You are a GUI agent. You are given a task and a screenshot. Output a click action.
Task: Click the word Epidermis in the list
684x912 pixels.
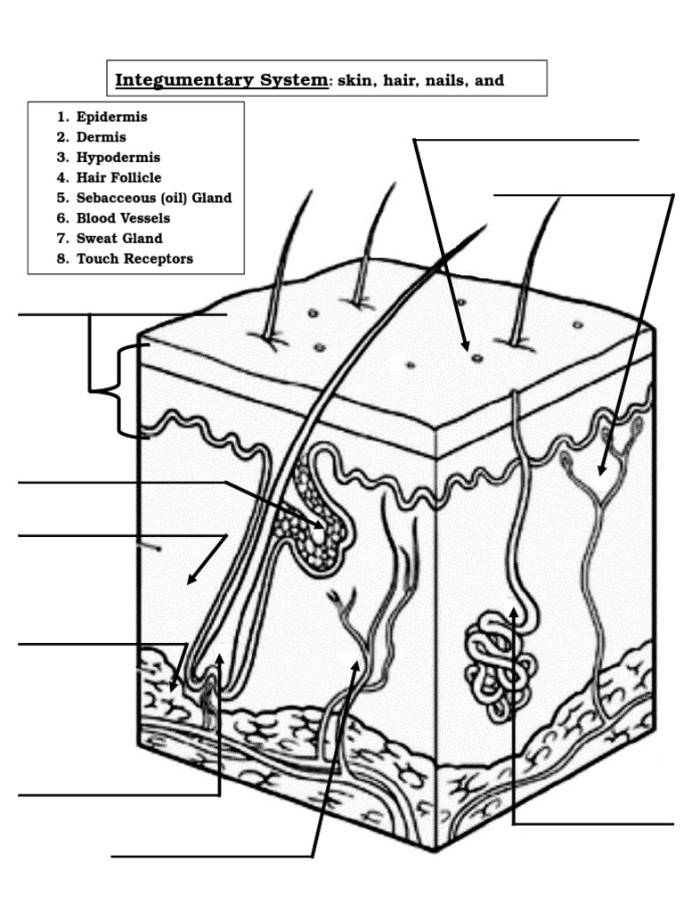111,117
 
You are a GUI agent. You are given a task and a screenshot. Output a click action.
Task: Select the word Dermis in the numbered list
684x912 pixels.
101,137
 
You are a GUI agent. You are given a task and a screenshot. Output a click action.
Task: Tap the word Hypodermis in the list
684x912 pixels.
118,158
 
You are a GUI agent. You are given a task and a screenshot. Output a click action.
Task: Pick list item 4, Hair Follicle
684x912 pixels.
118,177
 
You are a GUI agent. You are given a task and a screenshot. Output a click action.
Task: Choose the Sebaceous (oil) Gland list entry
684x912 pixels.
153,198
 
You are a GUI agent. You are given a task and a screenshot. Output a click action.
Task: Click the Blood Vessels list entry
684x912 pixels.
123,217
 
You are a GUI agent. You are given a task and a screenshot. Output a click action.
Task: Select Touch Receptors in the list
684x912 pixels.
134,258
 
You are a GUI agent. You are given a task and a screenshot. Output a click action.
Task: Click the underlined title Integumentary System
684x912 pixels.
222,80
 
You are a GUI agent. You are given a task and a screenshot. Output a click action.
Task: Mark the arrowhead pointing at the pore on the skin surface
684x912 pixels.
466,346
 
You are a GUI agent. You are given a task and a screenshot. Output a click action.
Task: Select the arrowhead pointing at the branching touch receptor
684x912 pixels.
603,469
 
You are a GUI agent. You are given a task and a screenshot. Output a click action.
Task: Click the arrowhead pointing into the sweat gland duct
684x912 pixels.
515,612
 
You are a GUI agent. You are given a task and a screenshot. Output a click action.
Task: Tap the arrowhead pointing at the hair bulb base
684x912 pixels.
219,660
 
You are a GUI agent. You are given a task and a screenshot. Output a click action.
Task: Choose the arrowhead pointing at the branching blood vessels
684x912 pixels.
355,664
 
